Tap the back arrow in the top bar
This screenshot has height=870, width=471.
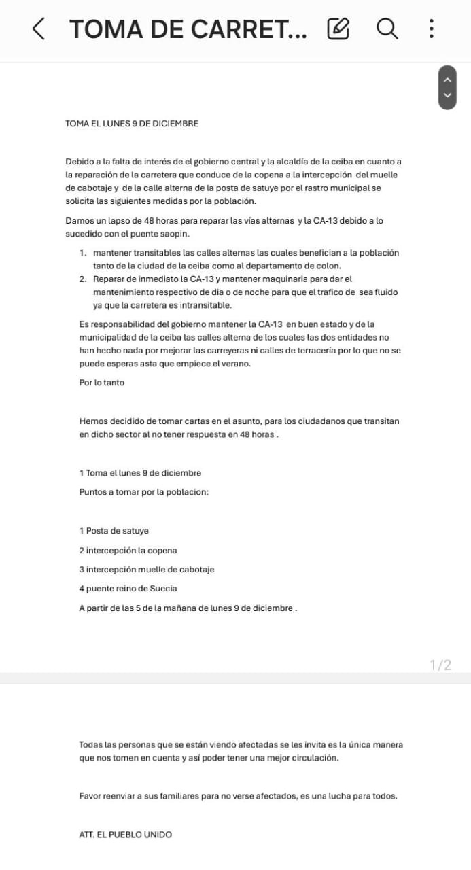point(39,29)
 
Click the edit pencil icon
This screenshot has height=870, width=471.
point(338,29)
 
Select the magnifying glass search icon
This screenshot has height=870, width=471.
point(387,29)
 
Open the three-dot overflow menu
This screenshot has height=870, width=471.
point(431,29)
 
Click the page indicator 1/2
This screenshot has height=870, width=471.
point(440,665)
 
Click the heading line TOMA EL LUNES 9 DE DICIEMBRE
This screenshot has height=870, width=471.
point(132,124)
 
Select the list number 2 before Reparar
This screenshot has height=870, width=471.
point(82,279)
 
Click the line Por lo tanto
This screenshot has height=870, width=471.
point(102,383)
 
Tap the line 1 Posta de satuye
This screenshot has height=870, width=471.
point(114,531)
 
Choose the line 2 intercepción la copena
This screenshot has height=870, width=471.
point(128,551)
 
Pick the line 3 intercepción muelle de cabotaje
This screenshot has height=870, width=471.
point(147,570)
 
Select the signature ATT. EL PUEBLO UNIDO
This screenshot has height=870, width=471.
point(126,834)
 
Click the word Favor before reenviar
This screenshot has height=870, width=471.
point(90,795)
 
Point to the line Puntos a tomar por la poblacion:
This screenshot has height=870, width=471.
point(143,492)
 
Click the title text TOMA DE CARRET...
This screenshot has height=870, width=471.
point(188,29)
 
